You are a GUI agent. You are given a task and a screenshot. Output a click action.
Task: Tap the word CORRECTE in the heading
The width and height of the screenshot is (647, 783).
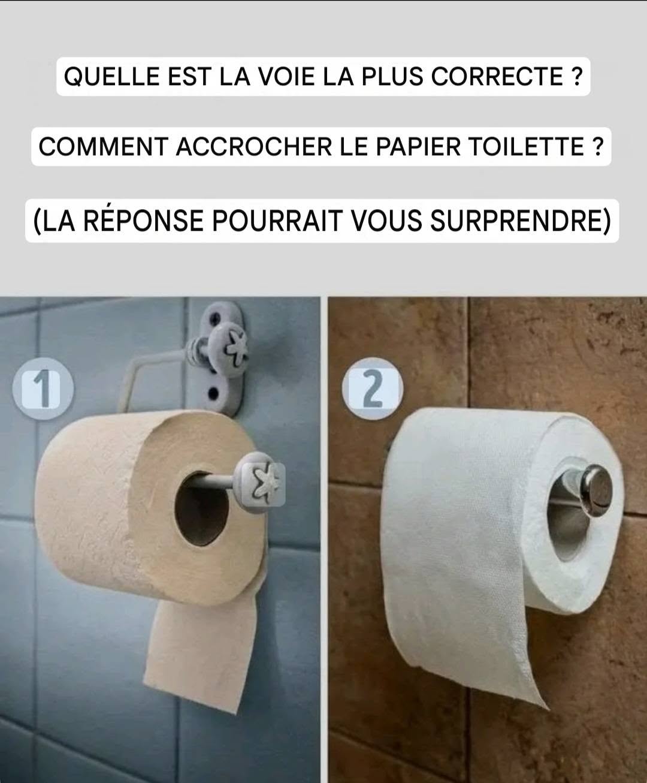(497, 76)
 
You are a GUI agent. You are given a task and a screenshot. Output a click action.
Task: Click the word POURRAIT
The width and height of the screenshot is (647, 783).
(277, 221)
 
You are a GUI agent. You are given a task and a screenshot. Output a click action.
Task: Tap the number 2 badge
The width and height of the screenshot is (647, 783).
(373, 389)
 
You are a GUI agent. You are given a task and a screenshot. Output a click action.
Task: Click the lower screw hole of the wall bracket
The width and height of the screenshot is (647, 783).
(213, 394)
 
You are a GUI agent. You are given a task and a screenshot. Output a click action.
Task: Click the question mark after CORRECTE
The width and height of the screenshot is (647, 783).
(577, 76)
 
